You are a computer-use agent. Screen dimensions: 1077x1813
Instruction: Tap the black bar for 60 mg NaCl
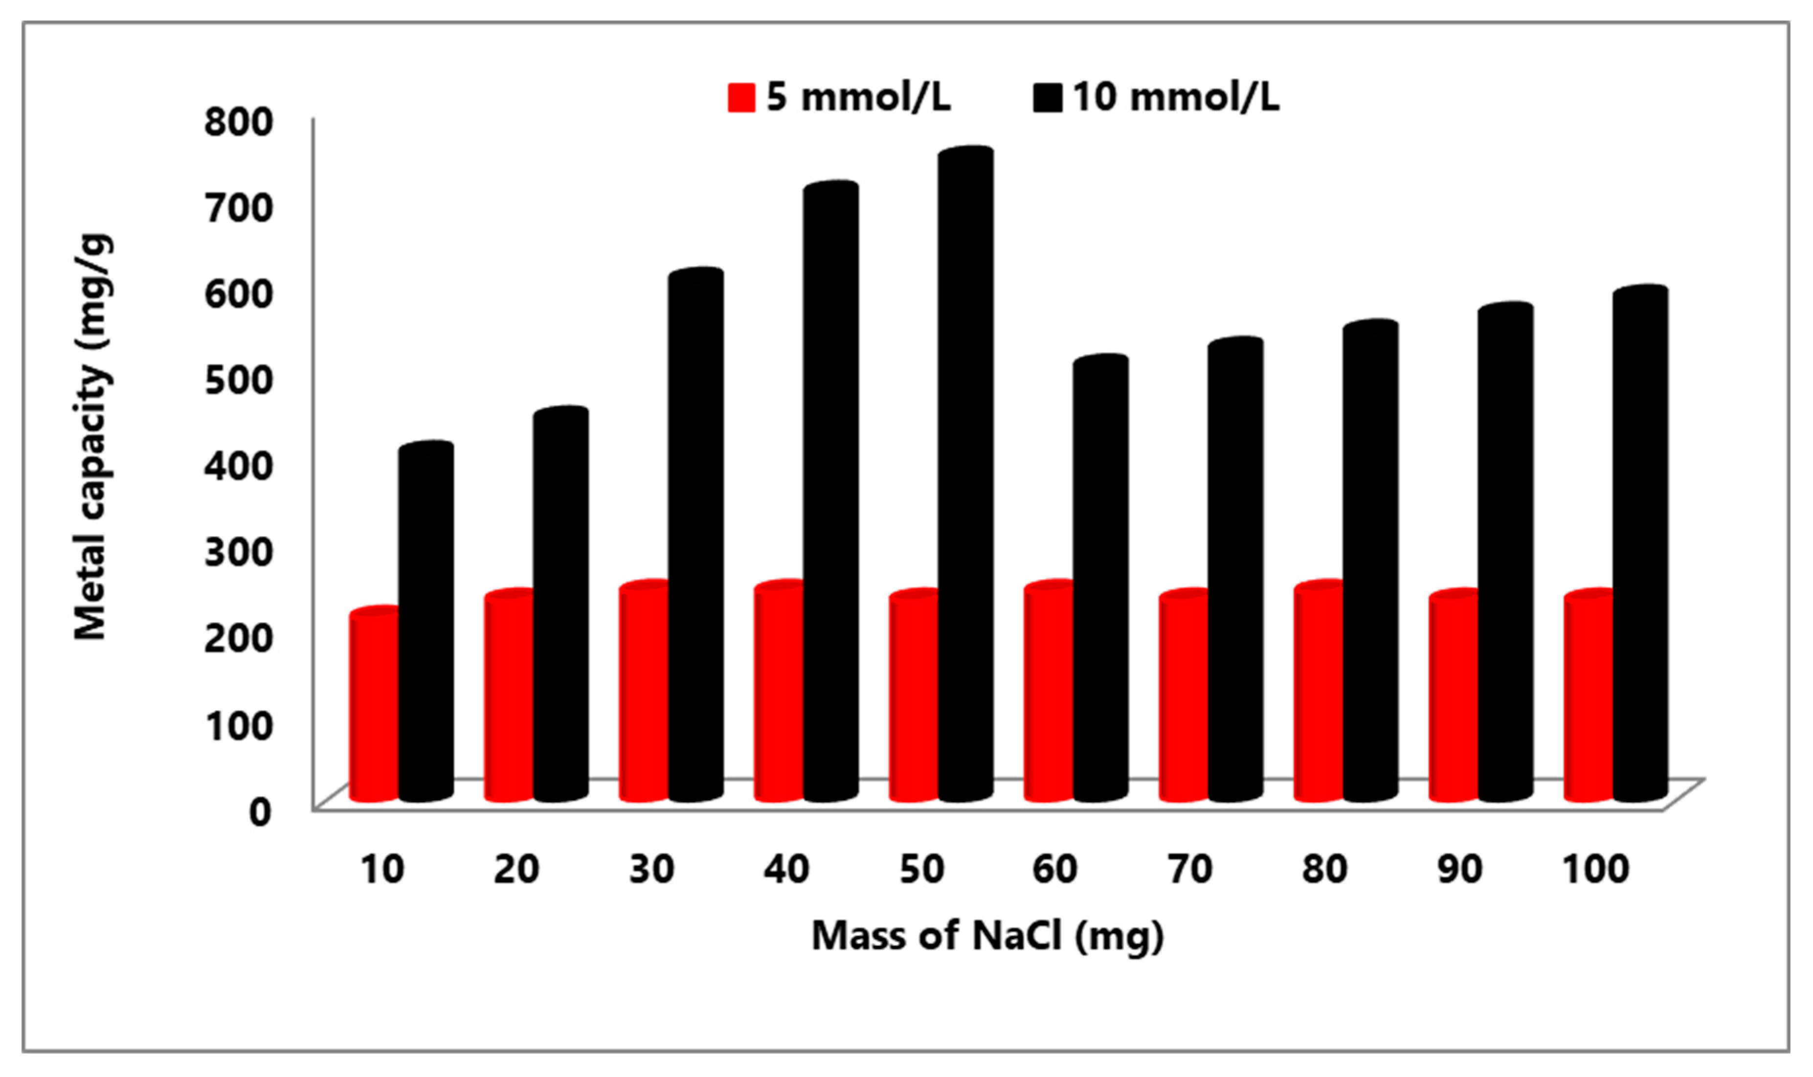pos(1100,581)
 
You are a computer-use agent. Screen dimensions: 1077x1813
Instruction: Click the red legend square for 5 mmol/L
pos(741,97)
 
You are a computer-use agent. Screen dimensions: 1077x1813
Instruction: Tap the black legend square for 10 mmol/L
pos(1048,97)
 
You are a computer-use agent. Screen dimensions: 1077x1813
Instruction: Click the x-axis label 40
pos(786,870)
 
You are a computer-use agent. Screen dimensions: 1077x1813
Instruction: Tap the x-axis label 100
pos(1596,870)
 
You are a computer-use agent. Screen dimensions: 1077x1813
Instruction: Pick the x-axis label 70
pos(1190,870)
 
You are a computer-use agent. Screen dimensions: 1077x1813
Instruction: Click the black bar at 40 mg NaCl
pos(830,494)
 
